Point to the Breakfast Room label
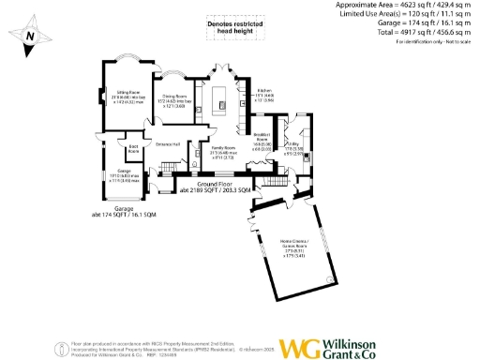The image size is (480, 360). click(x=262, y=142)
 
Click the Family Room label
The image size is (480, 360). click(x=223, y=151)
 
